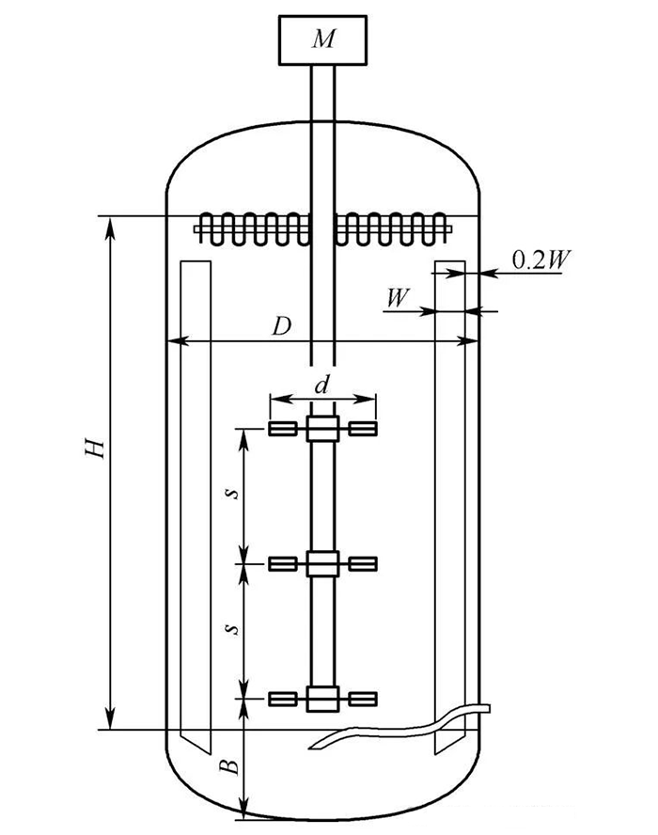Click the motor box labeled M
[x=323, y=41]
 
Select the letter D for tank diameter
[x=280, y=326]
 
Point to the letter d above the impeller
[x=322, y=386]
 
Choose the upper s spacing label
[x=236, y=491]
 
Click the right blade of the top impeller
[x=363, y=430]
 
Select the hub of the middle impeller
[x=322, y=563]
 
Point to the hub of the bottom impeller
[x=322, y=698]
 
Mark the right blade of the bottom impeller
[x=363, y=698]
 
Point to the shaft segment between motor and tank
[x=323, y=103]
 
